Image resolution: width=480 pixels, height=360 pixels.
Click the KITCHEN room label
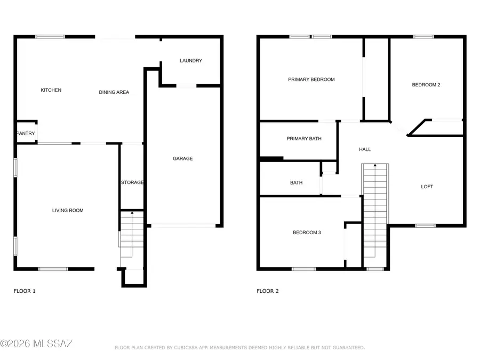click(51, 90)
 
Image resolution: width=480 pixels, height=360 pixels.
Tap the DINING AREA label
click(114, 92)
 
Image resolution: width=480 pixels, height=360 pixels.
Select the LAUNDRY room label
click(191, 61)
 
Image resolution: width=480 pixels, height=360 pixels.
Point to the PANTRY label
click(26, 133)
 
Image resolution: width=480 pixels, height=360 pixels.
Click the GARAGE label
click(183, 158)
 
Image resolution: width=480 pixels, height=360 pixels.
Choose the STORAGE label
click(132, 182)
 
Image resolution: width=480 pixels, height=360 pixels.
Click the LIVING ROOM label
click(68, 211)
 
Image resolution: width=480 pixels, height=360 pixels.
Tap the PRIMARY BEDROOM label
click(311, 79)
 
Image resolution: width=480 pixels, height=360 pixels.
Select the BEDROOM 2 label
click(426, 85)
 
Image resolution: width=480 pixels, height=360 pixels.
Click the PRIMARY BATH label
click(304, 139)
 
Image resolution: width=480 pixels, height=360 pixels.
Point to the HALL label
click(365, 149)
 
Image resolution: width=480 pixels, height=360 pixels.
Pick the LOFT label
click(427, 187)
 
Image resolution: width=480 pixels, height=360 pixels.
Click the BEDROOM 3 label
click(307, 233)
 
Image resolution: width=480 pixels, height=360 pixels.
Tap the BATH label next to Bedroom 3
click(297, 182)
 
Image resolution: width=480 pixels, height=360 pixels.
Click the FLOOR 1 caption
click(25, 291)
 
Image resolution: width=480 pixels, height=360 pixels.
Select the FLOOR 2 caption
click(268, 291)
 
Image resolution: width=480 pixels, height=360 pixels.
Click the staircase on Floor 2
click(375, 213)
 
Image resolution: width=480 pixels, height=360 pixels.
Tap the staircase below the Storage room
click(132, 235)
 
